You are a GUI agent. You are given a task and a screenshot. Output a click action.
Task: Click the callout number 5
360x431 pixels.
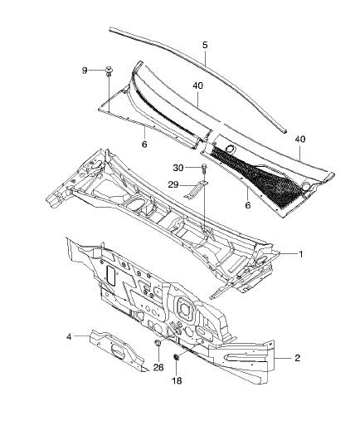pyautogui.click(x=205, y=45)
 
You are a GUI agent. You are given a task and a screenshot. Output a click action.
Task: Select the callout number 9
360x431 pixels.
pyautogui.click(x=85, y=71)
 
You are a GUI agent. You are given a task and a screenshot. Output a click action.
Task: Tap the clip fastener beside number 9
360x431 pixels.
pyautogui.click(x=108, y=71)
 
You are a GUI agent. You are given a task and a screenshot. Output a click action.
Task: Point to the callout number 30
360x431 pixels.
pyautogui.click(x=178, y=168)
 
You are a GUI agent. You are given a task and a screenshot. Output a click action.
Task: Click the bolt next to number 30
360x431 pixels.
pyautogui.click(x=204, y=169)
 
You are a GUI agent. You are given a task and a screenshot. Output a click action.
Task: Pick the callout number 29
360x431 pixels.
pyautogui.click(x=173, y=184)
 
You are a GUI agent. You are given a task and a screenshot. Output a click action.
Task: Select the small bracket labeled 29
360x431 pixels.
pyautogui.click(x=196, y=189)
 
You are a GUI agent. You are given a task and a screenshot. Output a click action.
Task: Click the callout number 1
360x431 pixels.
pyautogui.click(x=301, y=254)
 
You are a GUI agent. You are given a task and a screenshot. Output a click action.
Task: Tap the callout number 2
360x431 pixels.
pyautogui.click(x=298, y=358)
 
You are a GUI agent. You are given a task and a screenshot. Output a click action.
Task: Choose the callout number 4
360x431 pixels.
pyautogui.click(x=69, y=337)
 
